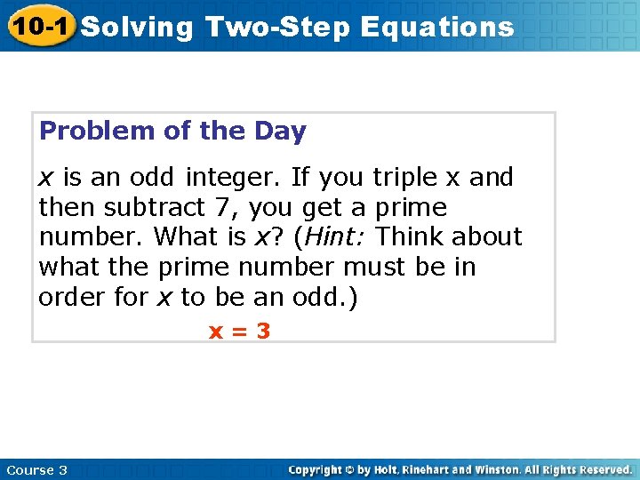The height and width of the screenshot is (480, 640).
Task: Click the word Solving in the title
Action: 137,27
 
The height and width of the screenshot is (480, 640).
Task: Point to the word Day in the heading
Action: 282,132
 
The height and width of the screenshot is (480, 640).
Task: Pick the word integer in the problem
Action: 234,178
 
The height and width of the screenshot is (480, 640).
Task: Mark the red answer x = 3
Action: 239,332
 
